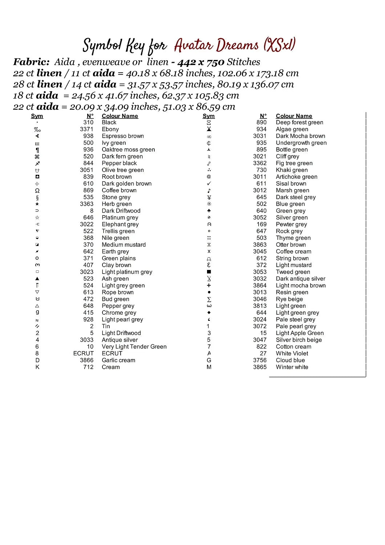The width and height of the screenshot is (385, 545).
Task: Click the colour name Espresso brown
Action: (123, 136)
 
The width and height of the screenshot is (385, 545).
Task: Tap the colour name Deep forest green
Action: (299, 122)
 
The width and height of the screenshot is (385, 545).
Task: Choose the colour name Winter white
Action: (292, 367)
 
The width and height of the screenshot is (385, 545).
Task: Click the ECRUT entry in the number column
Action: (83, 353)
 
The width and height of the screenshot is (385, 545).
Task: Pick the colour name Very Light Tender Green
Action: (134, 347)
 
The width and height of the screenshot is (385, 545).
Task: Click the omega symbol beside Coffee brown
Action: (37, 190)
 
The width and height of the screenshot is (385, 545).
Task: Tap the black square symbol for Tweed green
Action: (209, 272)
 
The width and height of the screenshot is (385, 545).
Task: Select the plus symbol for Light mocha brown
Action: (209, 286)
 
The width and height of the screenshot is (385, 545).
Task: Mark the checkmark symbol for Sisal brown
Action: (209, 183)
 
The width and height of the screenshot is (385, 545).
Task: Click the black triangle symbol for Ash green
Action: (37, 279)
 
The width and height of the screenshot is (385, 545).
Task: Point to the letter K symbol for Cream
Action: (37, 367)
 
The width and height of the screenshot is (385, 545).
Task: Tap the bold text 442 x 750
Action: (200, 62)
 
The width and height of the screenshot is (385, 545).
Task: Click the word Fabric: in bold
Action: (31, 62)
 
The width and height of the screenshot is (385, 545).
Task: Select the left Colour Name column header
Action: (120, 116)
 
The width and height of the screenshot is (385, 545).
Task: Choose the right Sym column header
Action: (208, 116)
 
